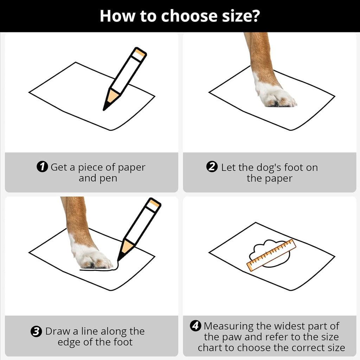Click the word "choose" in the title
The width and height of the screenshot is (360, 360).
click(x=189, y=16)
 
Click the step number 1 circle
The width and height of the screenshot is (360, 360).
click(x=42, y=167)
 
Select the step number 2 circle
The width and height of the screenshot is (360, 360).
click(x=212, y=167)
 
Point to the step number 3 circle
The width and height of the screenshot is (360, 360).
click(x=36, y=331)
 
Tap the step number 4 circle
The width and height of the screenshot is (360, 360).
click(x=195, y=326)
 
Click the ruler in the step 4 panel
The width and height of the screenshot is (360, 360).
click(x=271, y=255)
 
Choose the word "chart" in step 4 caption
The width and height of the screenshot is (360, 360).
click(x=210, y=347)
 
